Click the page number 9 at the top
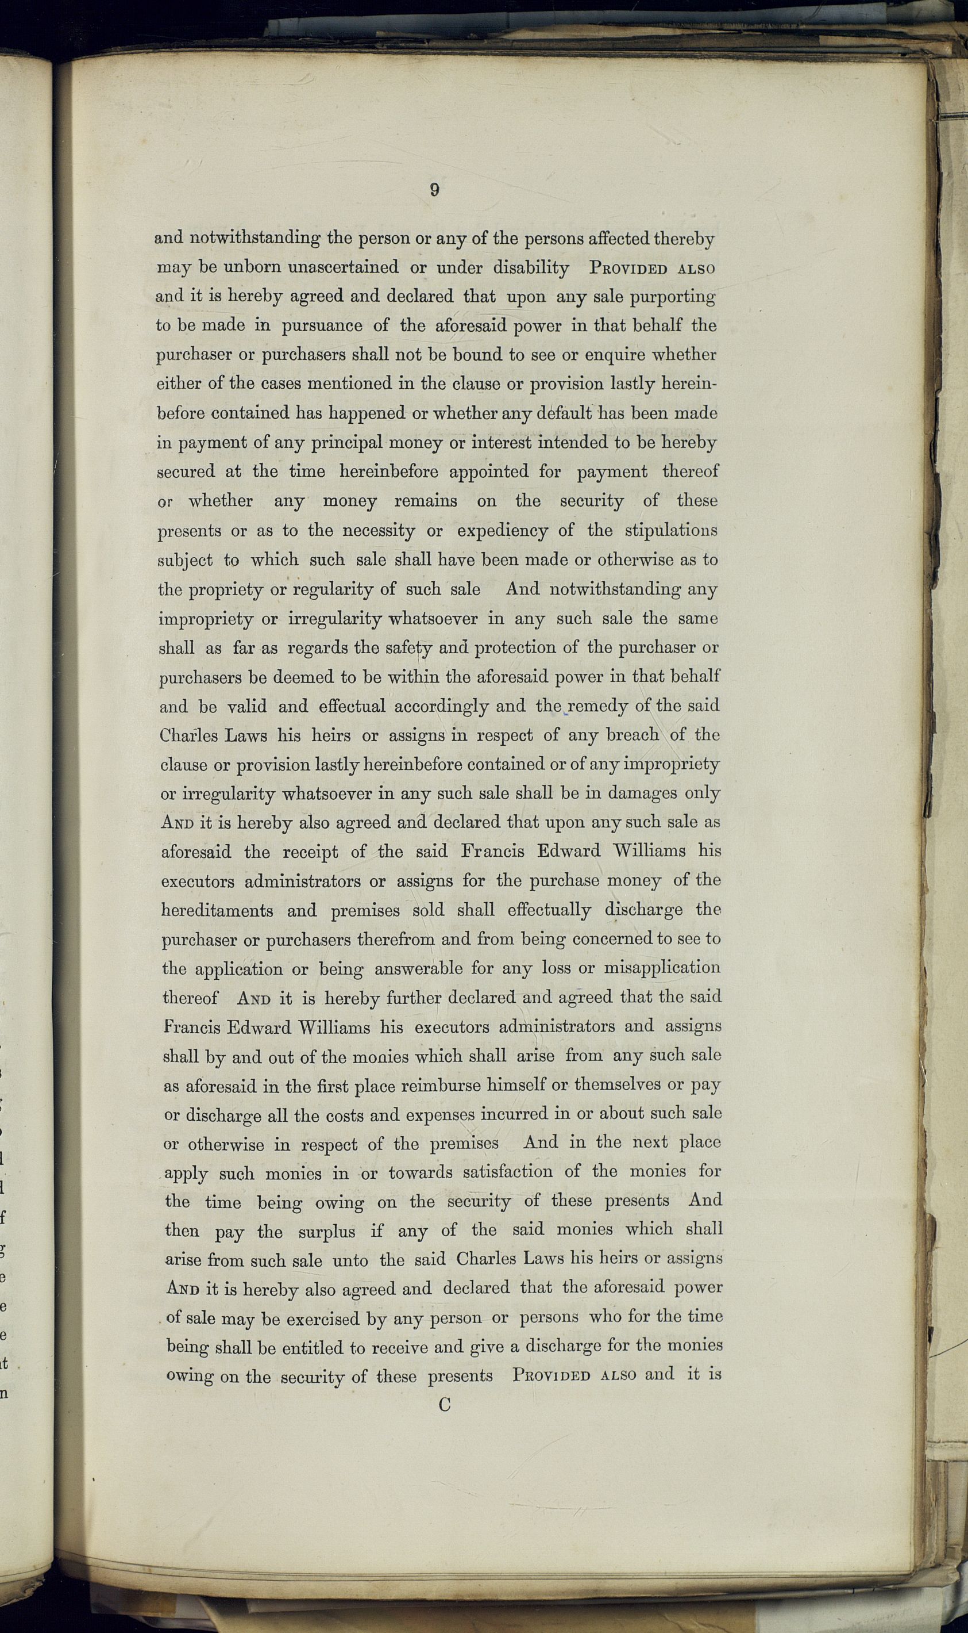(x=434, y=190)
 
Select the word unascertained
(x=343, y=267)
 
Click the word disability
(x=530, y=267)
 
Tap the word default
(x=556, y=413)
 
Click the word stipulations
(x=670, y=531)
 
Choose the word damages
(x=642, y=793)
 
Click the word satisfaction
(x=508, y=1173)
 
